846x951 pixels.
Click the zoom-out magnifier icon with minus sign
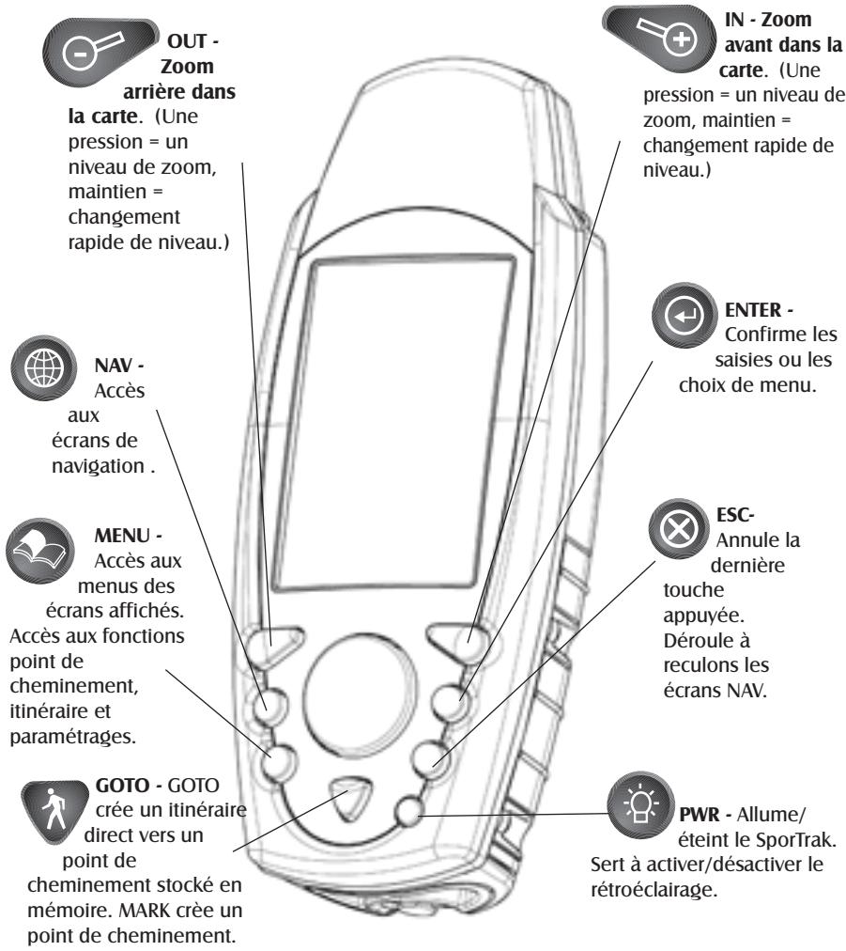[x=92, y=51]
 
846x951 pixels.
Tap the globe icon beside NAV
[x=43, y=367]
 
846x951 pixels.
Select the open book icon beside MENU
[x=40, y=550]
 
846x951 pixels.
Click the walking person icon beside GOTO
[x=54, y=811]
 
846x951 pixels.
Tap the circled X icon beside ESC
[x=678, y=529]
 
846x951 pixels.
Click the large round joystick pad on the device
[x=360, y=686]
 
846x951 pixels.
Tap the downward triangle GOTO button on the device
[x=350, y=796]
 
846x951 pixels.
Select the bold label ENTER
[x=753, y=310]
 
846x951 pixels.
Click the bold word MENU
[x=122, y=536]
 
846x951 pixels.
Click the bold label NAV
[x=114, y=366]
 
